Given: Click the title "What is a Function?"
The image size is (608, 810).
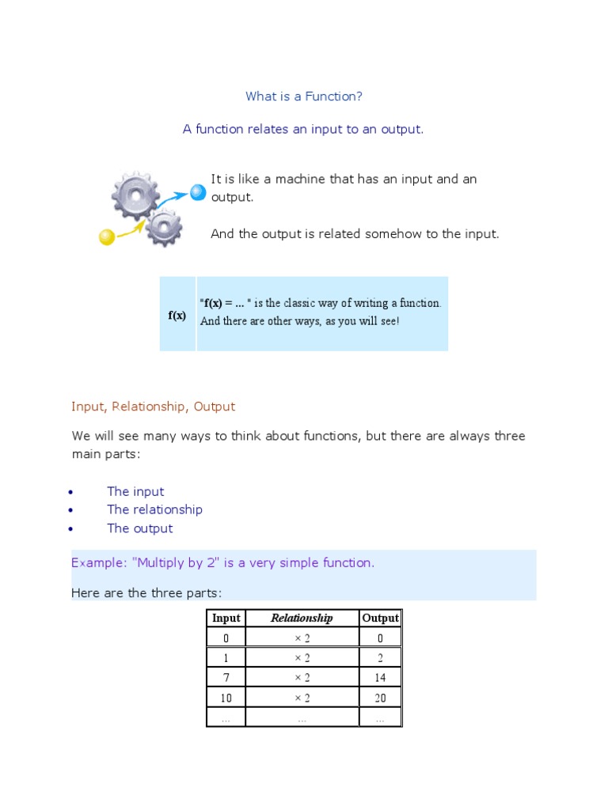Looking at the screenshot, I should pos(304,97).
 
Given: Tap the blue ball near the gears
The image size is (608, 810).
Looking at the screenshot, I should pos(198,191).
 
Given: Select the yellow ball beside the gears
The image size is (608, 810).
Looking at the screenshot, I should pos(106,237).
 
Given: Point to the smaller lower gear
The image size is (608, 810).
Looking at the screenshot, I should pos(164,227).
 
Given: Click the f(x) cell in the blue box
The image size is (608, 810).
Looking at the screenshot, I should pos(177,315).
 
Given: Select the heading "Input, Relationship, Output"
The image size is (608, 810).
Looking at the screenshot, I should pos(153,407).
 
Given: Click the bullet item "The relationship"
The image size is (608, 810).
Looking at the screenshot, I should pos(154,510).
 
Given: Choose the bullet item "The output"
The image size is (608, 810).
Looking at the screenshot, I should pos(139,528).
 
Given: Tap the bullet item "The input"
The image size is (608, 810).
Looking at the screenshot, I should pos(135,492).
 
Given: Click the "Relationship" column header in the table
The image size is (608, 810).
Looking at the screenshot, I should pos(302,619).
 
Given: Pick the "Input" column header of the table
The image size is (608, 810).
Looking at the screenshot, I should pos(226,619).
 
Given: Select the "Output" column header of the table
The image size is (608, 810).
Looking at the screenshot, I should pos(380,619).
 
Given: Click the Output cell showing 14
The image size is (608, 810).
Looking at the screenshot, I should pos(380,678).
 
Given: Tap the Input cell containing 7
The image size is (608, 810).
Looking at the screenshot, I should pos(226,678).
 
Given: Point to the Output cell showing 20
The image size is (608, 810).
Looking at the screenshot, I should pos(380,698).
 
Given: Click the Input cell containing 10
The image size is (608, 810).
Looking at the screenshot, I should pos(226,698).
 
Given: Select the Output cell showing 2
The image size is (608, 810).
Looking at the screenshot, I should pos(380,658).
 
